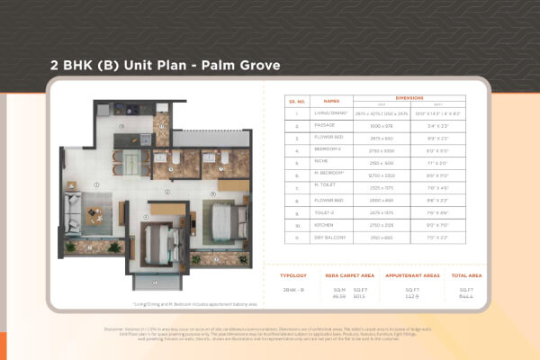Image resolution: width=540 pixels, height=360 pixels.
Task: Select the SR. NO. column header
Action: pyautogui.click(x=299, y=102)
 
